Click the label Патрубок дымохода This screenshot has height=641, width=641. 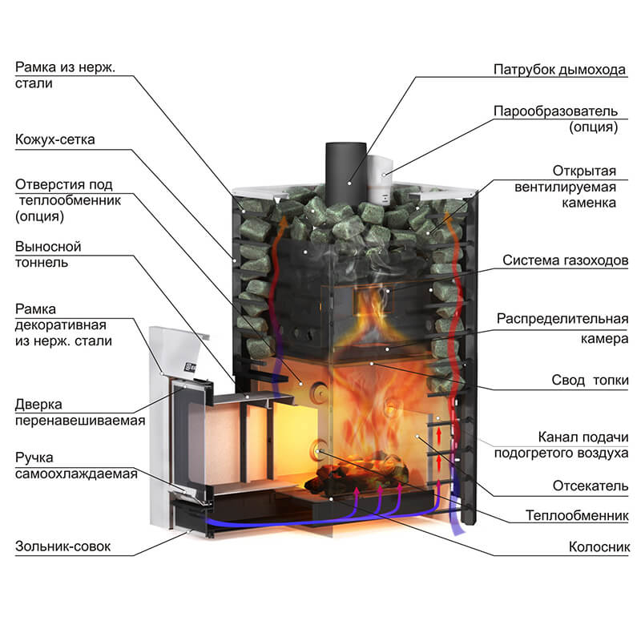click(x=559, y=70)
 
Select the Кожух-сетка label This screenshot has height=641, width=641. click(x=54, y=139)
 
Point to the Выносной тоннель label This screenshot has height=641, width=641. click(x=48, y=254)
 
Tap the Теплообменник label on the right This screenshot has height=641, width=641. click(x=577, y=514)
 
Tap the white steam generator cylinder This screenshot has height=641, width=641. click(x=378, y=176)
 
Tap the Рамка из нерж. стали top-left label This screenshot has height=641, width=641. click(x=66, y=74)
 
